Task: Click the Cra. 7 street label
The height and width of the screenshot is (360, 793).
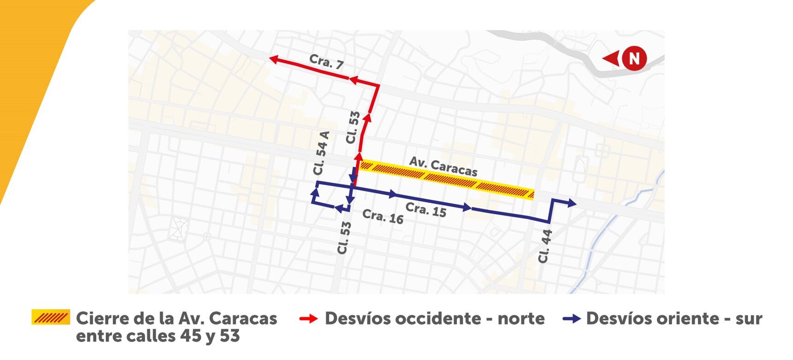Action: click(x=327, y=61)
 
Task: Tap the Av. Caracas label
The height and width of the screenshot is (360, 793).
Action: click(x=443, y=166)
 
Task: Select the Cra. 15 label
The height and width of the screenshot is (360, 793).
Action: click(x=426, y=209)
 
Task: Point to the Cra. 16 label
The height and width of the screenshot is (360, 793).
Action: click(x=383, y=216)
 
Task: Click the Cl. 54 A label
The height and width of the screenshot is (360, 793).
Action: click(x=321, y=153)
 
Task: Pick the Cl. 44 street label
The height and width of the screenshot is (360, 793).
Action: click(x=545, y=246)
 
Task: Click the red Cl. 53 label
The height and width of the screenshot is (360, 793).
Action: click(x=353, y=128)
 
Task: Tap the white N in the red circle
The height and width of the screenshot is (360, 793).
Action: click(x=634, y=58)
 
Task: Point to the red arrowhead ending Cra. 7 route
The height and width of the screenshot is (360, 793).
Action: click(x=274, y=59)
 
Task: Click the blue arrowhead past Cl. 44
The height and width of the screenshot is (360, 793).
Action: click(x=571, y=203)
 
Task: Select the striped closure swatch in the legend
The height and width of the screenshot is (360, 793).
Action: click(x=51, y=317)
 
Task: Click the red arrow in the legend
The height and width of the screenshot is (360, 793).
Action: click(x=308, y=319)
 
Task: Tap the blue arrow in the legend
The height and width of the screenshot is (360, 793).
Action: click(x=571, y=319)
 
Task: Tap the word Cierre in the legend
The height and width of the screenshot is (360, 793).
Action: click(x=101, y=319)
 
